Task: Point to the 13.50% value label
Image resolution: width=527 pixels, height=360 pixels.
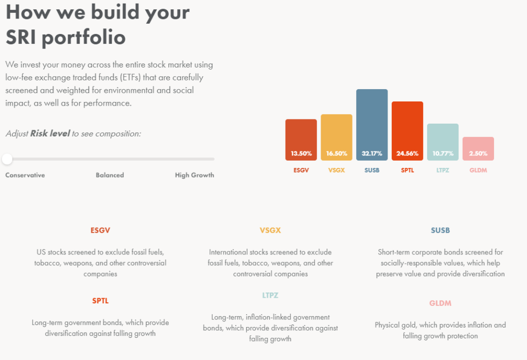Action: pos(301,153)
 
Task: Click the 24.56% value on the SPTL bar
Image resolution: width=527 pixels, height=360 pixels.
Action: pos(407,153)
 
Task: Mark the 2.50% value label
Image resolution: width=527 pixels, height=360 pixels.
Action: pos(478,153)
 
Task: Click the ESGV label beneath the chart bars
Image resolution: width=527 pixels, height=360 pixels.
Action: pos(301,170)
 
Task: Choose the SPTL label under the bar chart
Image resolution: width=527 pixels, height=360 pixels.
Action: pos(407,170)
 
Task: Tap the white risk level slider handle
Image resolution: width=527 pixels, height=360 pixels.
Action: pos(7,159)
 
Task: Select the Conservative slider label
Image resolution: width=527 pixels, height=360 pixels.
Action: pos(25,175)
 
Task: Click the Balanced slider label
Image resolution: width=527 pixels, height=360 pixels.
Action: pos(110,175)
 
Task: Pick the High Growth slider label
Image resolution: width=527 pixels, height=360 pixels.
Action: pos(195,175)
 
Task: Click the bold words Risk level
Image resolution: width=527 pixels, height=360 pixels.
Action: pos(50,133)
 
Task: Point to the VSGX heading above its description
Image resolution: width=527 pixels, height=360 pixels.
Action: pos(271,230)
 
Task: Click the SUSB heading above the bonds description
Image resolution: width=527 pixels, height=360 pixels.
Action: pos(441,230)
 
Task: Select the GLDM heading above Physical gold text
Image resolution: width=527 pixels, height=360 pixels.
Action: pos(441,303)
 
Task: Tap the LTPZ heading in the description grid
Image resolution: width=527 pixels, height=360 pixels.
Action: pos(271,296)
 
